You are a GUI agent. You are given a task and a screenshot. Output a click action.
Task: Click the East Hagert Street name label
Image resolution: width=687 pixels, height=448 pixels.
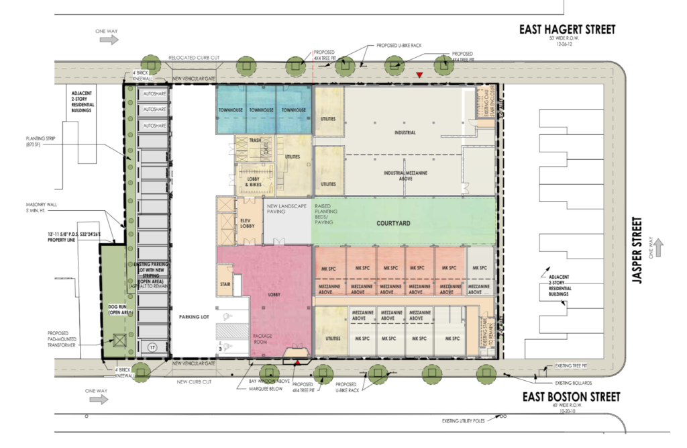pyautogui.click(x=568, y=30)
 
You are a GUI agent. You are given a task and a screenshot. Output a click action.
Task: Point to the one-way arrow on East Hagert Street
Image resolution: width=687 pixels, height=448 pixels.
pyautogui.click(x=108, y=40)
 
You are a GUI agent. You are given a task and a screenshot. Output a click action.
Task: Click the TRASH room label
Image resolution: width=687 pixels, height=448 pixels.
pyautogui.click(x=254, y=140)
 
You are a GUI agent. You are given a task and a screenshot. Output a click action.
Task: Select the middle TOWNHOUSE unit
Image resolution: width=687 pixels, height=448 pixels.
pyautogui.click(x=262, y=110)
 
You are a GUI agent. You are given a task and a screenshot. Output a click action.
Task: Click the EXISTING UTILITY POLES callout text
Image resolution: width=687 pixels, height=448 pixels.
pyautogui.click(x=466, y=421)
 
